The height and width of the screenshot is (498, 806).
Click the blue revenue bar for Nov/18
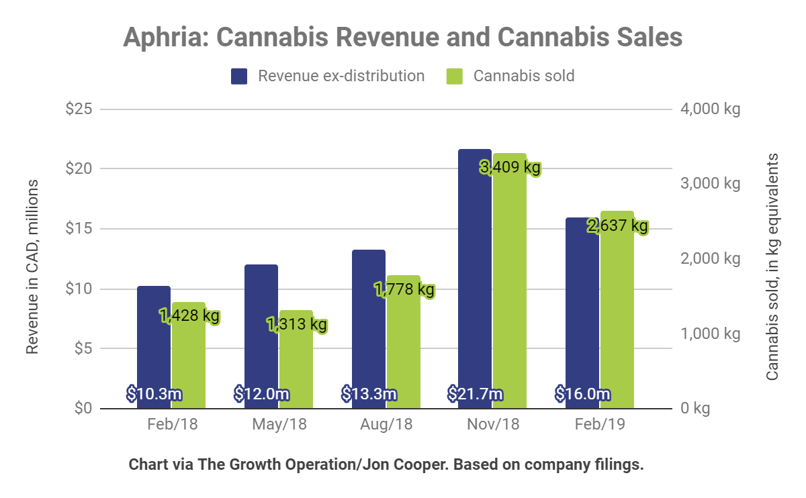coord(474,268)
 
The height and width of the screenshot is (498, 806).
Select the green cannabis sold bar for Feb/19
coord(617,315)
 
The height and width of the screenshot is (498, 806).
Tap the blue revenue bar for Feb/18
coord(154,336)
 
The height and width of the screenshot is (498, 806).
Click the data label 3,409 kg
coord(510,167)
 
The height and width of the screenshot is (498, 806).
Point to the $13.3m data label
coord(369,394)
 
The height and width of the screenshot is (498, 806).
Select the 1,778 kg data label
coord(404,290)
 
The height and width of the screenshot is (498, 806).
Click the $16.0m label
coord(583,394)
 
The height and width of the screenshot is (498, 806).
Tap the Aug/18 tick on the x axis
coord(386,425)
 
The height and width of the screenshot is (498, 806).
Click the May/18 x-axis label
coord(279,425)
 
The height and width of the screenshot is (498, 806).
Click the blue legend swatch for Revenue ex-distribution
coord(240,76)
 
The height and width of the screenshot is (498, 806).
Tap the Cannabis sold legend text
coord(524,76)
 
